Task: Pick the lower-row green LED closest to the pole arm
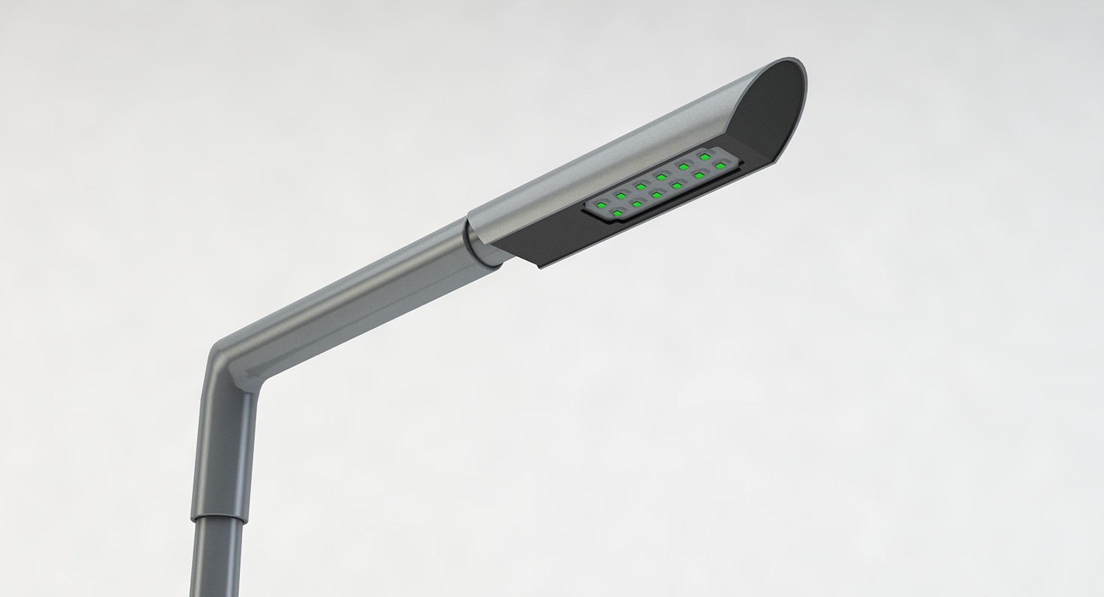click(617, 213)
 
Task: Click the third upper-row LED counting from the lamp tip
click(661, 177)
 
